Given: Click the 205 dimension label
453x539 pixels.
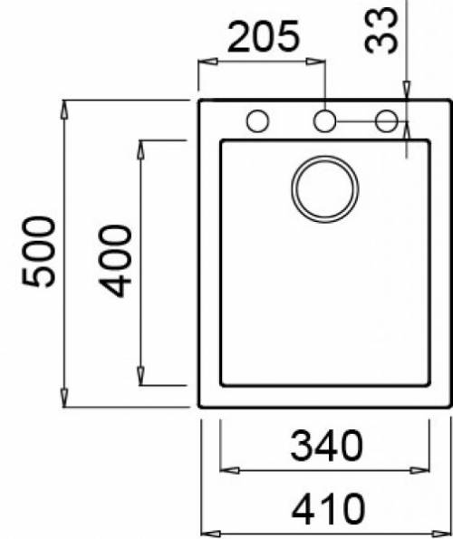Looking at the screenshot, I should tap(263, 38).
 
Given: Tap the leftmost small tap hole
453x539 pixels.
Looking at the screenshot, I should tap(257, 120).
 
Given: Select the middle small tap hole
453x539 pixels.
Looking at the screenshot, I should tap(324, 120).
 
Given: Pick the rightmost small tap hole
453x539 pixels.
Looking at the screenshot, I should tap(387, 120).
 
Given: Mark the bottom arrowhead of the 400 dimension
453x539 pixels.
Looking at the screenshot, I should tap(142, 374).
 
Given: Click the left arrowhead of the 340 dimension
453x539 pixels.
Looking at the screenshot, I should tap(230, 469).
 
